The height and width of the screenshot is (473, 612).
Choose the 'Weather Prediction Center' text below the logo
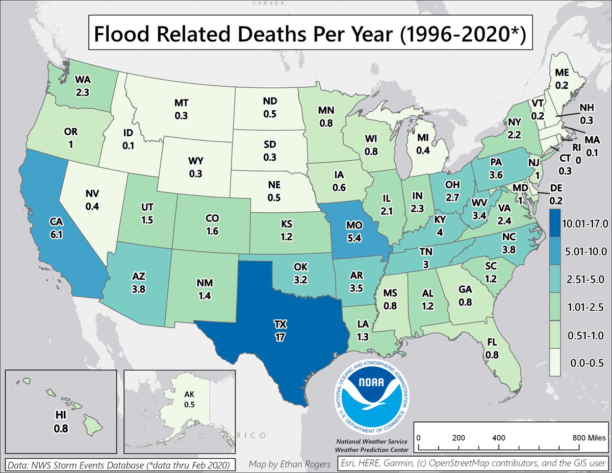tap(371, 450)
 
